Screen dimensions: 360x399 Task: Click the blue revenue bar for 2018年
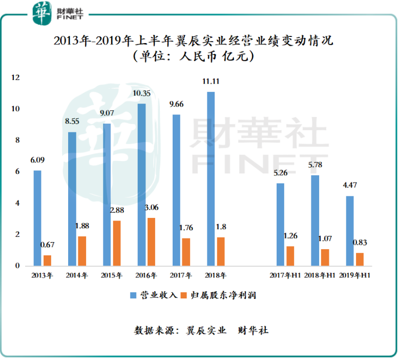(211, 179)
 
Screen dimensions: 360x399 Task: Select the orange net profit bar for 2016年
(152, 242)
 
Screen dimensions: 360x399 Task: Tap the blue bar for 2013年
(37, 218)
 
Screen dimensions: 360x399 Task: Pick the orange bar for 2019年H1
(360, 259)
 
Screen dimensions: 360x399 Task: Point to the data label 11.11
(211, 82)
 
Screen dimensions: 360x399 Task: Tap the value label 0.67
(48, 245)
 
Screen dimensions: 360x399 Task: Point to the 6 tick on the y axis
(16, 172)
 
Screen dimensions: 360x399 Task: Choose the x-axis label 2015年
(112, 276)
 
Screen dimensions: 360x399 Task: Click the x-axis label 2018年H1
(320, 276)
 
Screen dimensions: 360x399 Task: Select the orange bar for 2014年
(82, 251)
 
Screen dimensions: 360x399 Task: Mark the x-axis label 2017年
(180, 276)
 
